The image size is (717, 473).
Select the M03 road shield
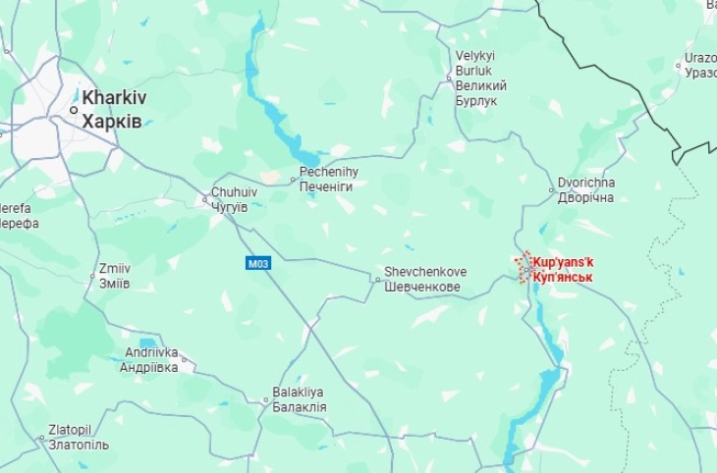(x=257, y=262)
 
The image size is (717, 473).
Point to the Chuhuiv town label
(x=235, y=192)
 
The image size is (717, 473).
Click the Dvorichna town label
(x=585, y=184)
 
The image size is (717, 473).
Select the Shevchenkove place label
(x=424, y=272)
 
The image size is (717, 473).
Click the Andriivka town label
(x=151, y=352)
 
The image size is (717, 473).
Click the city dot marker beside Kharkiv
(x=74, y=110)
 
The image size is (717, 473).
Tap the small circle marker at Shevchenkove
(x=377, y=280)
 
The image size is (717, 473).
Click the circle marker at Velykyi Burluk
(x=449, y=79)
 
